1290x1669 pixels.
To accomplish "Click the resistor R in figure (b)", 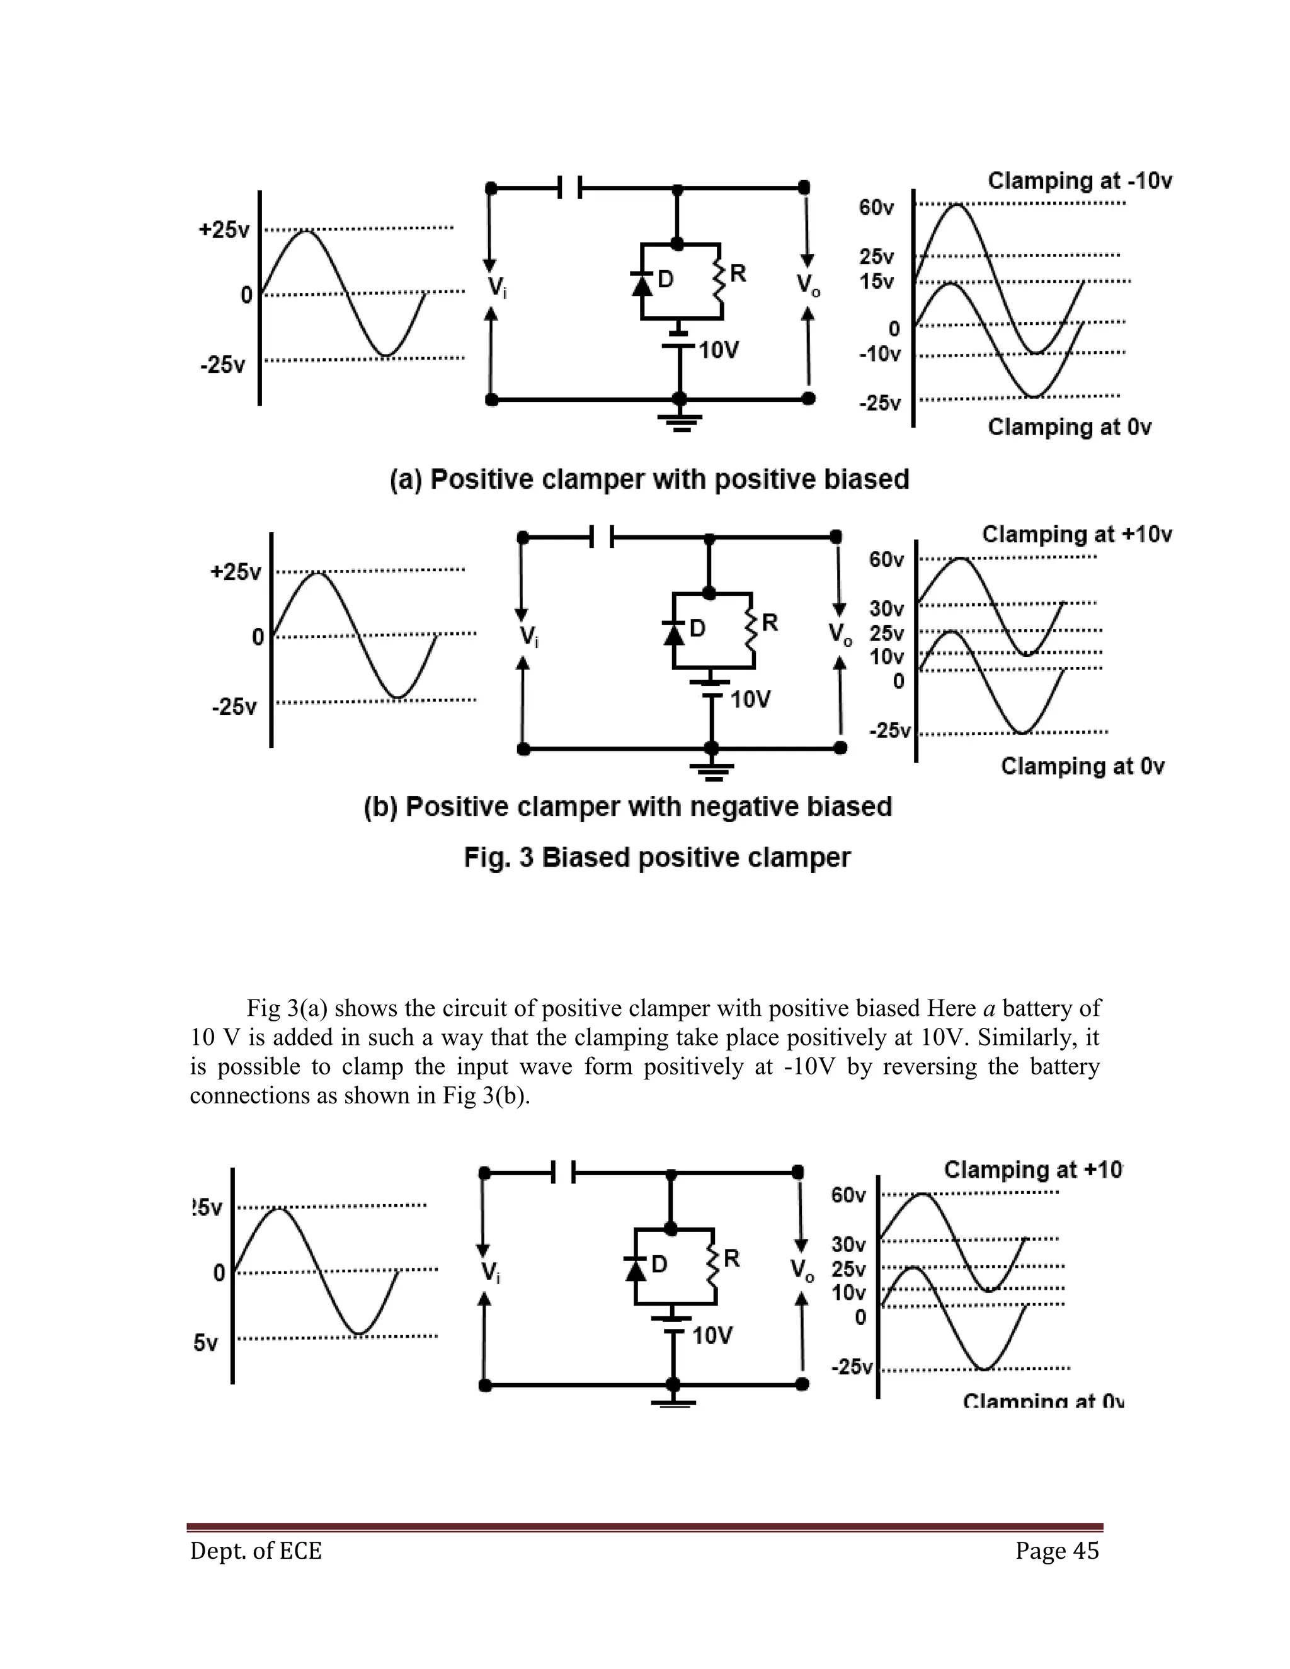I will [751, 629].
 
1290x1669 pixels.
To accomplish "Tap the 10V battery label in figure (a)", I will [718, 351].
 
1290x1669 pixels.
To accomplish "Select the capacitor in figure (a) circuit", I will [569, 187].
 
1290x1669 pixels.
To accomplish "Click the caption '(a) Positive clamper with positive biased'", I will [649, 480].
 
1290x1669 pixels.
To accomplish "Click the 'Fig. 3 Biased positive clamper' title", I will [657, 857].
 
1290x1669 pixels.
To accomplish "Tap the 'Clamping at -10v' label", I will [1079, 181].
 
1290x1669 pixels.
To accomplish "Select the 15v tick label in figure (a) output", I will [877, 282].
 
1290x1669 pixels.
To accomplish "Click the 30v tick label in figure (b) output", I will [886, 609].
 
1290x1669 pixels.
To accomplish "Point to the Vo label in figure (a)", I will [808, 285].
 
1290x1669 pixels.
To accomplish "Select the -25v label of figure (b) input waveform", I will [234, 706].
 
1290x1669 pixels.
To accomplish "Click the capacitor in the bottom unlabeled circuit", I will [563, 1172].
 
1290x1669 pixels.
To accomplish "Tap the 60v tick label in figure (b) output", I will [886, 560].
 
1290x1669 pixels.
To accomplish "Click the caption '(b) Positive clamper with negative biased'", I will [627, 807].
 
